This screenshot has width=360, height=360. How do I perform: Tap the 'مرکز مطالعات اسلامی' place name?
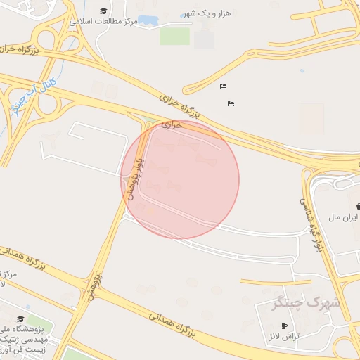click(x=104, y=22)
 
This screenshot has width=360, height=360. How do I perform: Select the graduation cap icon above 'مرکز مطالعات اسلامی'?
click(x=104, y=11)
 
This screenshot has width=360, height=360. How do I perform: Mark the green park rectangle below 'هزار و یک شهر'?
click(x=174, y=35)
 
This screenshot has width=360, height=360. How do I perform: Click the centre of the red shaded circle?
click(x=180, y=179)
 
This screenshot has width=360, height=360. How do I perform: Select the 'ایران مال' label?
click(x=346, y=218)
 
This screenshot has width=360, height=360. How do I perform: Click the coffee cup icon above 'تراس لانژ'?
click(x=284, y=326)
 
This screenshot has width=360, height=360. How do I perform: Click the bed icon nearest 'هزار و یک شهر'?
click(x=223, y=86)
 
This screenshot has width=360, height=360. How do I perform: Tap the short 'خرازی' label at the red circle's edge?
click(x=172, y=124)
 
